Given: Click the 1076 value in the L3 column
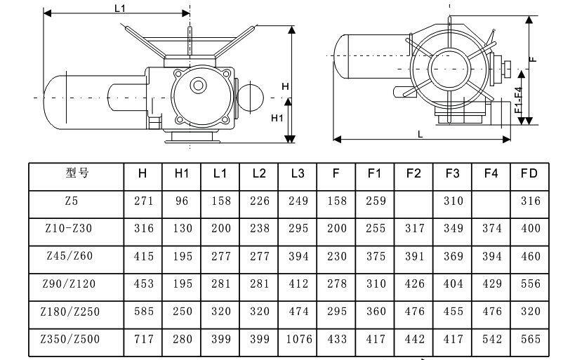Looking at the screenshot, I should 298,340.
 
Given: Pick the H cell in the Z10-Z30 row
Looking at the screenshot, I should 143,229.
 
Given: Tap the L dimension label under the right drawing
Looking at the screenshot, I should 420,133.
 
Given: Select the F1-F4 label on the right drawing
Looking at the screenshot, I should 518,100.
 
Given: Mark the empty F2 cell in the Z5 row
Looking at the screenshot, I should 414,201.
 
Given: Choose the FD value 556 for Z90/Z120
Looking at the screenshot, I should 530,284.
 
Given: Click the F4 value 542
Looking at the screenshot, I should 491,340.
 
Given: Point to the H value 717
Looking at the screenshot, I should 143,340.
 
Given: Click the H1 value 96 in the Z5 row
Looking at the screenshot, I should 182,201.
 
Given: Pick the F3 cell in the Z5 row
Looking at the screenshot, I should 453,201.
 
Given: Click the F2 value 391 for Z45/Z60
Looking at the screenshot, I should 414,257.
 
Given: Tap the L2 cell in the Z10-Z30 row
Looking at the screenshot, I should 260,229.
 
